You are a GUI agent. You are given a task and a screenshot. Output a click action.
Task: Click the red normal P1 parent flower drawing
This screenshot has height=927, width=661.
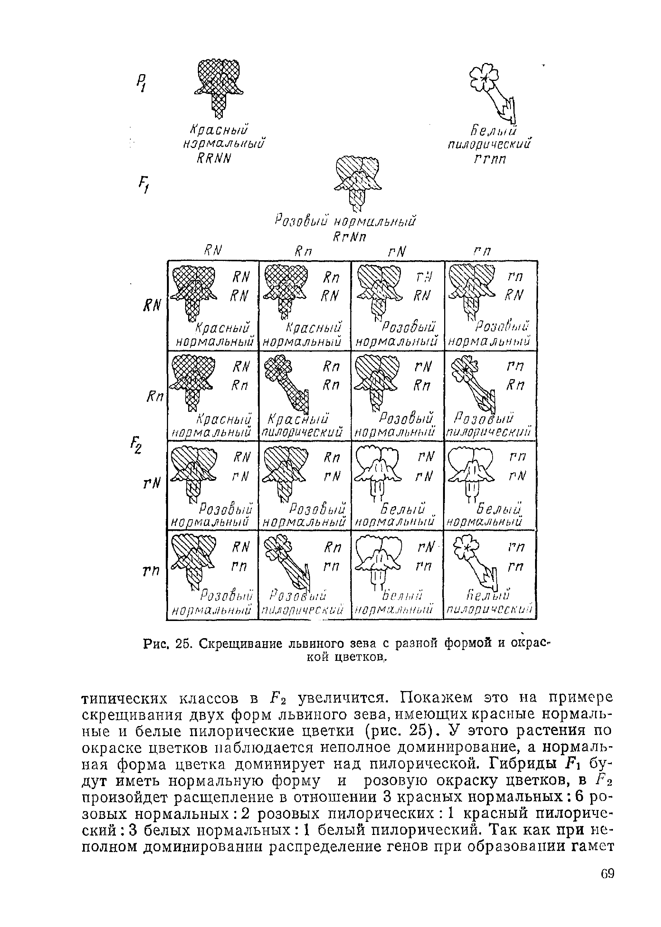[x=219, y=88]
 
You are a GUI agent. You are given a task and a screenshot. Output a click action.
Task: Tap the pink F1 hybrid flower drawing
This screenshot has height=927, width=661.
[x=357, y=182]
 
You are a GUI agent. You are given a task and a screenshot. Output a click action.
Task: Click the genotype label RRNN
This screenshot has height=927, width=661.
[x=213, y=158]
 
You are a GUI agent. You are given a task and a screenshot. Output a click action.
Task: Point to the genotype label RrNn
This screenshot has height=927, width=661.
[x=346, y=238]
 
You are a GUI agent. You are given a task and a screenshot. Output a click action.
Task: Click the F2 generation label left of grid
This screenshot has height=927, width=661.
[x=136, y=445]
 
